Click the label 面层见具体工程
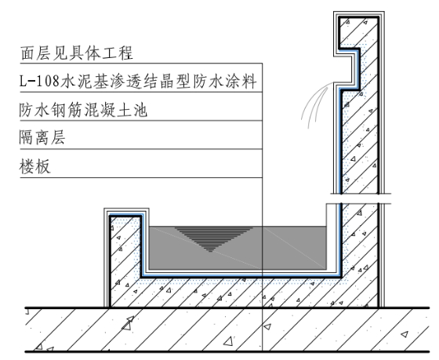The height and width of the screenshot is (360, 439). click(x=77, y=53)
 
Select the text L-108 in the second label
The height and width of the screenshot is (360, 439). click(x=39, y=82)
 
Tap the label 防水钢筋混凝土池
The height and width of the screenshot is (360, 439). click(x=83, y=110)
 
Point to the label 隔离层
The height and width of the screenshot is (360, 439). click(x=42, y=137)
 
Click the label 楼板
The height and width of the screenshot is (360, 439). click(x=35, y=166)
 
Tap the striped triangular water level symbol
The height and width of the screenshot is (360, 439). click(x=213, y=239)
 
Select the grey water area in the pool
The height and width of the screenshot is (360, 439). click(x=238, y=248)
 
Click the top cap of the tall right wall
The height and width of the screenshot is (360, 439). click(x=359, y=15)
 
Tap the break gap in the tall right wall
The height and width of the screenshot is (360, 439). click(x=361, y=198)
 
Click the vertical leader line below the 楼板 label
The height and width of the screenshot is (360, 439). click(x=263, y=264)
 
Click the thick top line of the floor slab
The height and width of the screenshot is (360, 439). click(x=227, y=308)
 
